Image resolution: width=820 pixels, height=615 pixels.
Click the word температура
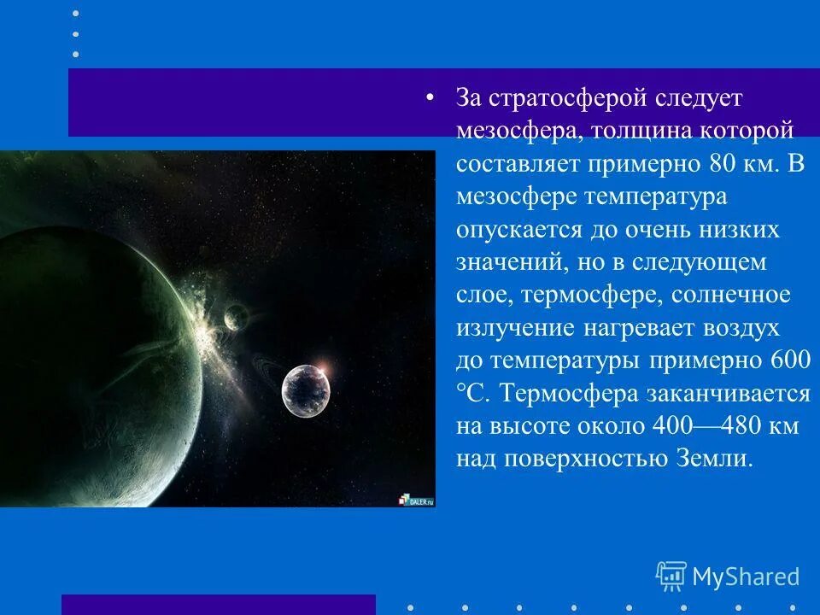point(654,196)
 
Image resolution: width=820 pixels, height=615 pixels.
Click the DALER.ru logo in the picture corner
point(416,500)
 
